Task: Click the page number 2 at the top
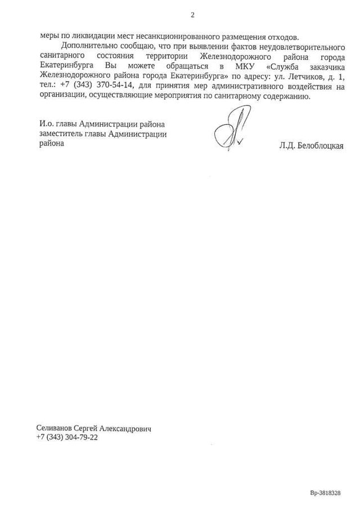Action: point(192,15)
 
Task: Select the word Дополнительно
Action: point(87,46)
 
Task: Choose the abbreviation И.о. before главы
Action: point(47,124)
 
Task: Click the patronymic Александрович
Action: point(127,429)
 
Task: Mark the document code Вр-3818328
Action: point(325,492)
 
